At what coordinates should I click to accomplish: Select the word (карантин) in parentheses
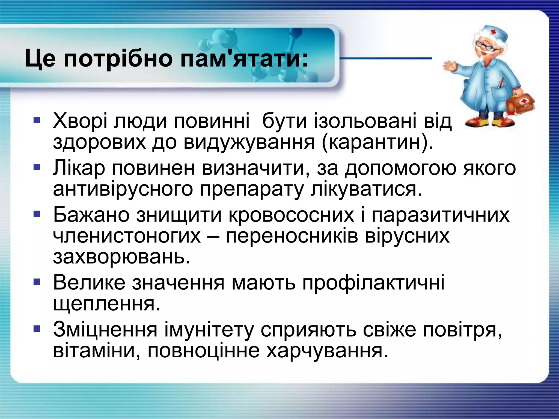click(377, 142)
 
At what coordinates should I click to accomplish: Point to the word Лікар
click(79, 168)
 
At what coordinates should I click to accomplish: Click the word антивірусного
click(123, 189)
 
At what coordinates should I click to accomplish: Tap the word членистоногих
click(127, 236)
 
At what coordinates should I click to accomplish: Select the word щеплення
click(106, 304)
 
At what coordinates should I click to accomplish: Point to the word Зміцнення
click(105, 330)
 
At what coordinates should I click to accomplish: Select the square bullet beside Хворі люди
click(37, 120)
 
